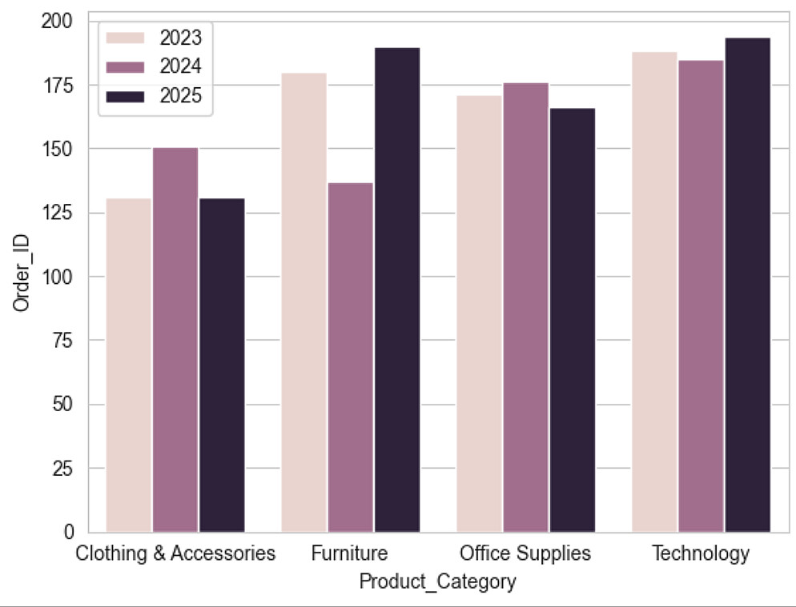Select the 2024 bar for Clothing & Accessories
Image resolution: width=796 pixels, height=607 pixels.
pos(175,339)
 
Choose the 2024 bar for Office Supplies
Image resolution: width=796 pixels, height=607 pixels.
pos(525,307)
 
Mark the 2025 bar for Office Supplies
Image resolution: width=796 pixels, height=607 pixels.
pos(572,320)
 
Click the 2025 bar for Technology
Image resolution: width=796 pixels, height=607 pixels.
pos(747,285)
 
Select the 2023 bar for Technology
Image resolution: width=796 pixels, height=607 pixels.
pos(653,292)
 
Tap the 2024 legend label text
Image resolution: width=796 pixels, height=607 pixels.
pos(180,67)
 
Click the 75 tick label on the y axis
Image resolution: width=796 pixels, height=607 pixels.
pos(65,341)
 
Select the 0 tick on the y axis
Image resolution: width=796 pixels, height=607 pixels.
pos(70,532)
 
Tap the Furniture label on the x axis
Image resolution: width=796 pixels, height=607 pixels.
pos(351,553)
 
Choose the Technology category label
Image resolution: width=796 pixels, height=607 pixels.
pos(701,553)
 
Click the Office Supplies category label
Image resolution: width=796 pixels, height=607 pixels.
pos(525,553)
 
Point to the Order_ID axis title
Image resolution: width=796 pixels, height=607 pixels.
pos(22,277)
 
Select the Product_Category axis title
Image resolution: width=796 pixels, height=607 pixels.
pos(437,581)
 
